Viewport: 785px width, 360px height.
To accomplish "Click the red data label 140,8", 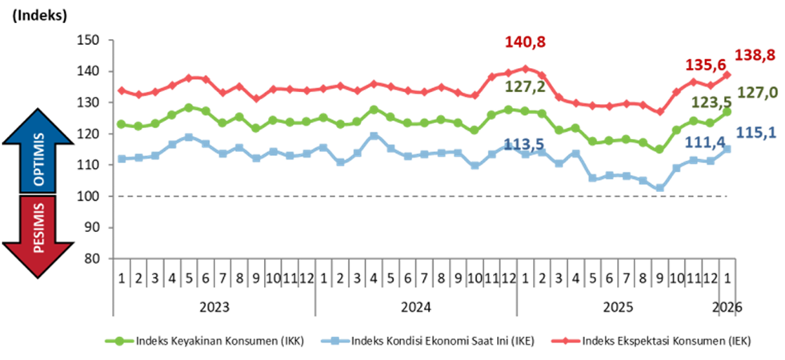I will tap(527, 42).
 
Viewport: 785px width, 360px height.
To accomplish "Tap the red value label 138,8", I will tap(754, 57).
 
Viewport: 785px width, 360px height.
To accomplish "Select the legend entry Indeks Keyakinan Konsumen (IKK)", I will tap(204, 341).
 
